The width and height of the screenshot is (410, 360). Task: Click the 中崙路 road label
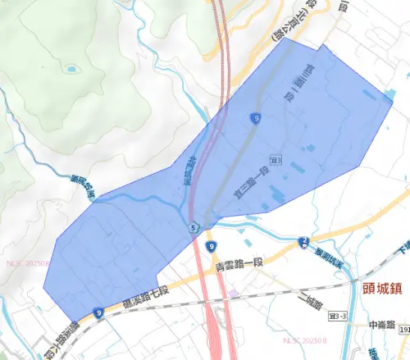point(382,324)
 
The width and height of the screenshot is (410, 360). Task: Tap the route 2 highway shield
point(304,241)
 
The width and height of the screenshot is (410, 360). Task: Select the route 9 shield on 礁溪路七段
point(98,312)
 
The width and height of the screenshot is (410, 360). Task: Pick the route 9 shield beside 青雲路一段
point(212,245)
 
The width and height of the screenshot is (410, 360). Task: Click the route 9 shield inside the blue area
point(257,119)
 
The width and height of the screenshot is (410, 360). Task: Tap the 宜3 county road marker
point(276,156)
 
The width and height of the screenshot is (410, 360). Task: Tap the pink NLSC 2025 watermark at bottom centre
point(305,339)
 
